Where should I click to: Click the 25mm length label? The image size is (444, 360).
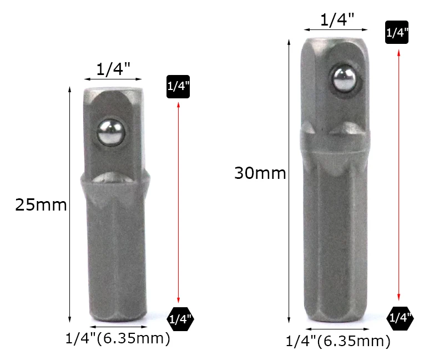tap(41, 204)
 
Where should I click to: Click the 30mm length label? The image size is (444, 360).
tap(260, 173)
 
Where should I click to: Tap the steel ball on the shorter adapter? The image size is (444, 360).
tap(110, 133)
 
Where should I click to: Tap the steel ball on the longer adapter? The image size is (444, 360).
tap(344, 79)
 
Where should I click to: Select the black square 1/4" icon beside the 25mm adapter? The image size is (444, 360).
tap(178, 87)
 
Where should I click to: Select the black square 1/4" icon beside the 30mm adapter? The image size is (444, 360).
tap(397, 32)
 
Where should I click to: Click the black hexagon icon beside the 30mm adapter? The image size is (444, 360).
tap(400, 318)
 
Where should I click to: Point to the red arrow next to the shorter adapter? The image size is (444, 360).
tap(178, 202)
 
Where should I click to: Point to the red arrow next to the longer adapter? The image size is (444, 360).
tap(398, 175)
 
